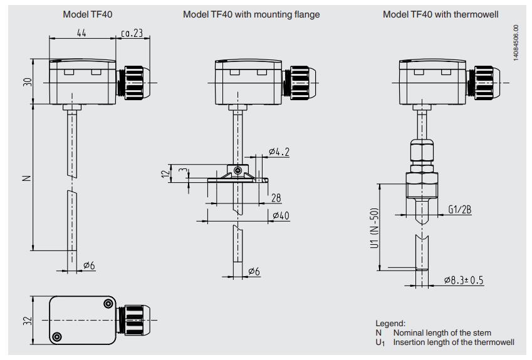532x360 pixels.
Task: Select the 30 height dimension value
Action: tap(27, 82)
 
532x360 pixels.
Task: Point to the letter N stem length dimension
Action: tap(27, 177)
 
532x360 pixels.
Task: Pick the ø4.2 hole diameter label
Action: tap(278, 152)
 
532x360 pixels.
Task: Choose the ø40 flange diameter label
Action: tap(281, 215)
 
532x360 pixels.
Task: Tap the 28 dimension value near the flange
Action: tap(276, 198)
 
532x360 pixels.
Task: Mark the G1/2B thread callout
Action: tap(459, 210)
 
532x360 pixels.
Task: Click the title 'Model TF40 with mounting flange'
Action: tap(251, 14)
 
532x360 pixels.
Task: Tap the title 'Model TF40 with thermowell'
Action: tap(441, 14)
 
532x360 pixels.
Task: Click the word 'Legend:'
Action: tap(390, 324)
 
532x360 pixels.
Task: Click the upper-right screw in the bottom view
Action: tap(108, 304)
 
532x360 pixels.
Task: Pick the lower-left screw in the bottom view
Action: tap(58, 337)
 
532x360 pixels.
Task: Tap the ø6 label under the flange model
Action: tap(254, 271)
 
